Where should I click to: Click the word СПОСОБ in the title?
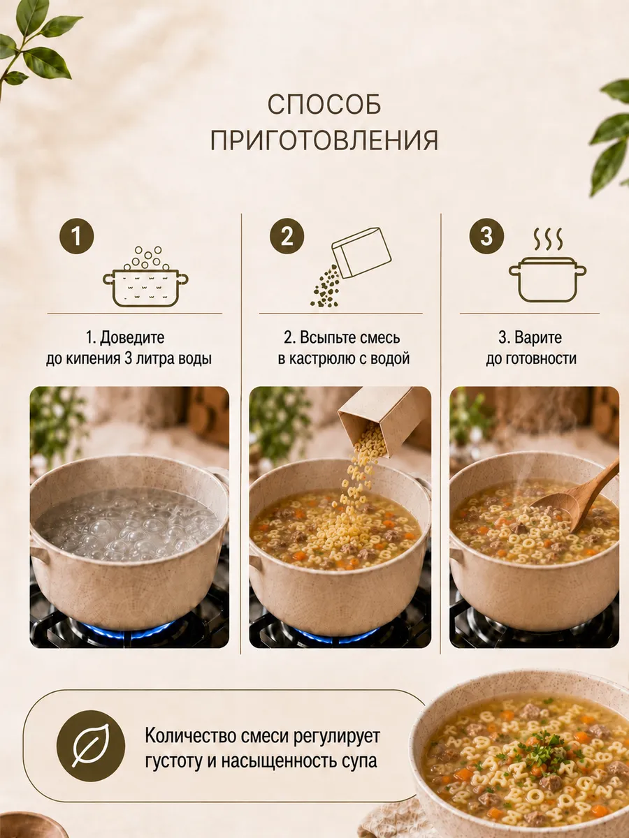point(324,104)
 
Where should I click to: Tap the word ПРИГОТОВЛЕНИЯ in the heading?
point(324,140)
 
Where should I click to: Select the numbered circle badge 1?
point(76,236)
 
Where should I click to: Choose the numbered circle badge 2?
point(287,236)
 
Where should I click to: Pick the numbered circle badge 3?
point(486,236)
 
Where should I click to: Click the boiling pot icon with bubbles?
point(145,277)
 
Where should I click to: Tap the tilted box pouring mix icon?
point(351,267)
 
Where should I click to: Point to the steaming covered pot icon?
point(547,266)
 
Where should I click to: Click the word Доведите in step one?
point(132,337)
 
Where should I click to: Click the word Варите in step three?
point(537,337)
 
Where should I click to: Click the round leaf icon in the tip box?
point(91,747)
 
